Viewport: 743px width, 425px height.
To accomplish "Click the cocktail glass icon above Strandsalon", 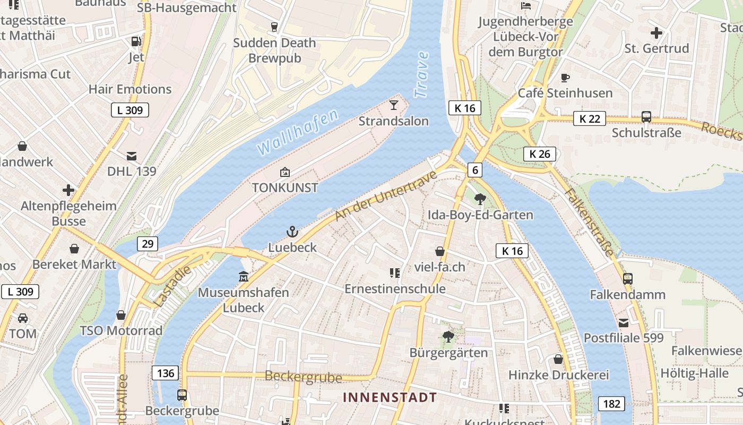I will click(393, 105).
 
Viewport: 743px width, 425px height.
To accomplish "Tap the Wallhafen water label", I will click(298, 132).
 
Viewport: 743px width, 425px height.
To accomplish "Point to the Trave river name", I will click(422, 74).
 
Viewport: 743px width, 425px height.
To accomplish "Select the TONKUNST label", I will click(285, 188).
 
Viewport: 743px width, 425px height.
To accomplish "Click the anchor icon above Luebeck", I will click(292, 232).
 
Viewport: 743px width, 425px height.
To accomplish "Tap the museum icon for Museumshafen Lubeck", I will click(244, 277).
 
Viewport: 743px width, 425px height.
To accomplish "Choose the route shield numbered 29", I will click(148, 244).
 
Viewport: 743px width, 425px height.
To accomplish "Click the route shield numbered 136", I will click(166, 373).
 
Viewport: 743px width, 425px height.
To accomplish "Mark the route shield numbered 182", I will click(611, 404).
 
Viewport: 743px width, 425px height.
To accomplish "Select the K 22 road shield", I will click(590, 118).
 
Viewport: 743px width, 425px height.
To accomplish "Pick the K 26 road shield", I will click(540, 154).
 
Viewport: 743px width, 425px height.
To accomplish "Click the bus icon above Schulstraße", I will click(646, 116).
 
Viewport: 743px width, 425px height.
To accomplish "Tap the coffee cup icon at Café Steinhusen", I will click(565, 78).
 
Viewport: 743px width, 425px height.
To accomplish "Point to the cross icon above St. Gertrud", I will click(656, 33).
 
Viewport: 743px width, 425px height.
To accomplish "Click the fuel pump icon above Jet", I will click(136, 41).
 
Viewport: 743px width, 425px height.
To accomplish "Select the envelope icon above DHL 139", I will click(132, 156).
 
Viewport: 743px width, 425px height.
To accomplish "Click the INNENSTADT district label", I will click(390, 397).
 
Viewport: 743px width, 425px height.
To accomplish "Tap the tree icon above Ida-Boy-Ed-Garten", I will click(480, 199).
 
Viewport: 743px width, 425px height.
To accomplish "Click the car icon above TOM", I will click(23, 318).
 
